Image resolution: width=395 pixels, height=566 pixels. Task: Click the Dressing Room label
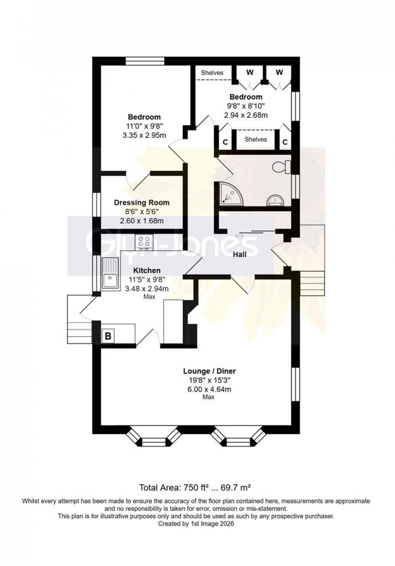141,203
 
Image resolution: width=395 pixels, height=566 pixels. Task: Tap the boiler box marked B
108,336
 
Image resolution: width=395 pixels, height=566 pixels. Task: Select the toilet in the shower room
282,167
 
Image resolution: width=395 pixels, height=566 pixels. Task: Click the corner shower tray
229,194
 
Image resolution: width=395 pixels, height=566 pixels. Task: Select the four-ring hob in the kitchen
144,243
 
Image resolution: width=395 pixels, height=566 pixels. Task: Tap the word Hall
239,255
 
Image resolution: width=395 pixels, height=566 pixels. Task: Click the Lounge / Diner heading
209,371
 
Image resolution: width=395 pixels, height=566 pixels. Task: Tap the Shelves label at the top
212,72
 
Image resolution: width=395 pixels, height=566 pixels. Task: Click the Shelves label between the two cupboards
256,139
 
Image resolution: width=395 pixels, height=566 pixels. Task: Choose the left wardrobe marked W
250,72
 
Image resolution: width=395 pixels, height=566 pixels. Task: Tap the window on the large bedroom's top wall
146,61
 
